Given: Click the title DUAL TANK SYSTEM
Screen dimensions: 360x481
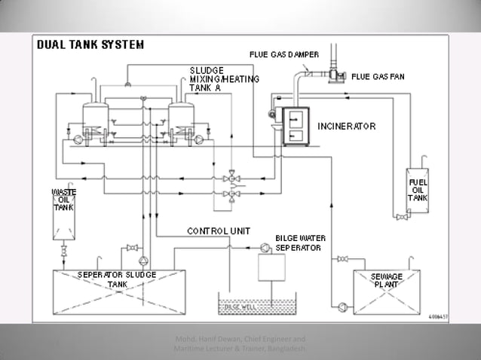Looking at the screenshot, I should coord(90,44).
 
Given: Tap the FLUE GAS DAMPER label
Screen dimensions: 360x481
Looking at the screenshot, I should coord(283,54).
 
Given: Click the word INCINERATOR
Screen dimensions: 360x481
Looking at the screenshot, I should coord(346,126).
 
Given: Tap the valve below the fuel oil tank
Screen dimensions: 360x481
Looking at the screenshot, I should coord(400,218).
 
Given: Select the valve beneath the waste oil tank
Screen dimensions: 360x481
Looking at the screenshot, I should coord(63,248).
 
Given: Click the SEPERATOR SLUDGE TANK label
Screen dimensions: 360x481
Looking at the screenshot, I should coord(117,279).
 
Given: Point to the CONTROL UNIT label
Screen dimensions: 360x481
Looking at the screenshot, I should coord(219,230).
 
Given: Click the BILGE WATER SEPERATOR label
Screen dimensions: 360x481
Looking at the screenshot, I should coord(299,242).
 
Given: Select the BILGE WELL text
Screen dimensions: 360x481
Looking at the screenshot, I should coord(240,307).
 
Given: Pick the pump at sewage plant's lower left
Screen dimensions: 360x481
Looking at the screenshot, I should coord(343,305).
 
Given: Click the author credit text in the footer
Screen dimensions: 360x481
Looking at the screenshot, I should coord(240,343).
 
